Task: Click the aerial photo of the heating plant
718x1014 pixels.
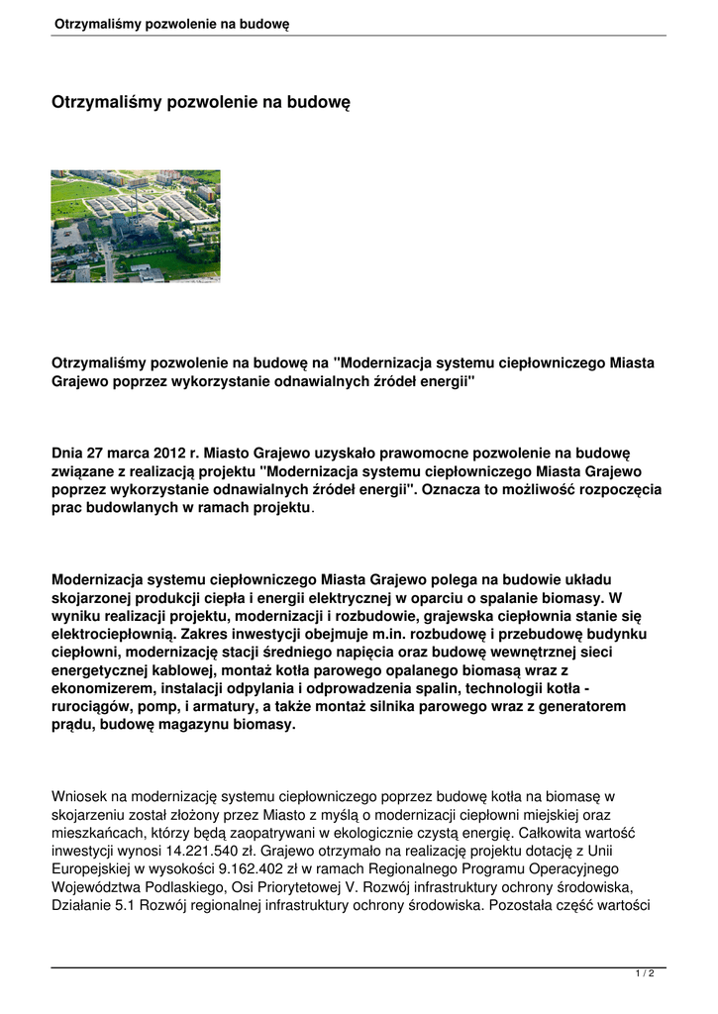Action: [136, 226]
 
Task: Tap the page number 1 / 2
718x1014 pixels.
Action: [644, 974]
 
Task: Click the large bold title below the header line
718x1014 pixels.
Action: [201, 102]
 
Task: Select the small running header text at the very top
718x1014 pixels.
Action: [171, 23]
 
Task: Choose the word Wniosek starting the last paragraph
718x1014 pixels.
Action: [79, 796]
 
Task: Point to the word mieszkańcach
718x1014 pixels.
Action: [97, 833]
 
